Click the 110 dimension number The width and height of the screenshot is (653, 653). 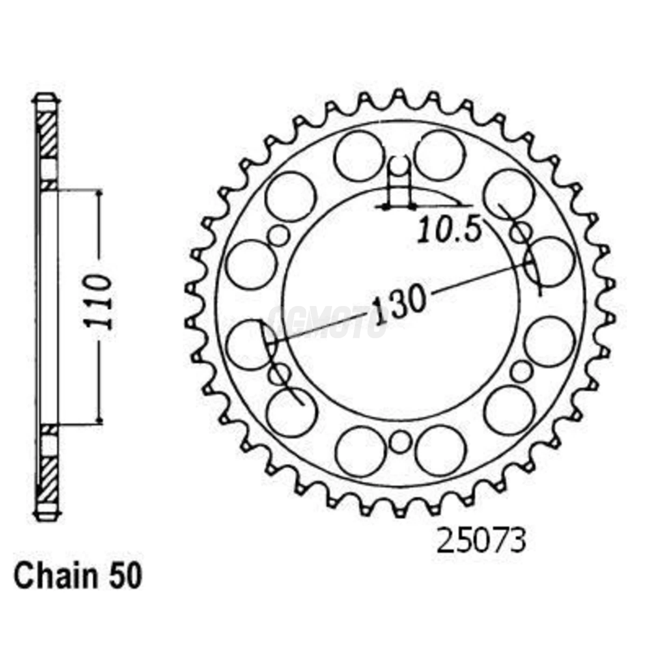coord(98,302)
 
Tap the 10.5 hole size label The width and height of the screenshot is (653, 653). coord(449,230)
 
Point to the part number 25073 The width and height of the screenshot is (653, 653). coord(481,542)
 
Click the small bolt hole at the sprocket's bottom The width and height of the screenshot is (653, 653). coord(400,442)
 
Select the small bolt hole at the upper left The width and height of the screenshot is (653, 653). coord(279,236)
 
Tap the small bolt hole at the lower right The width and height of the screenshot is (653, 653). coord(521,372)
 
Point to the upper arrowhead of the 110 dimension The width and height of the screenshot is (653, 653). coord(99,193)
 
